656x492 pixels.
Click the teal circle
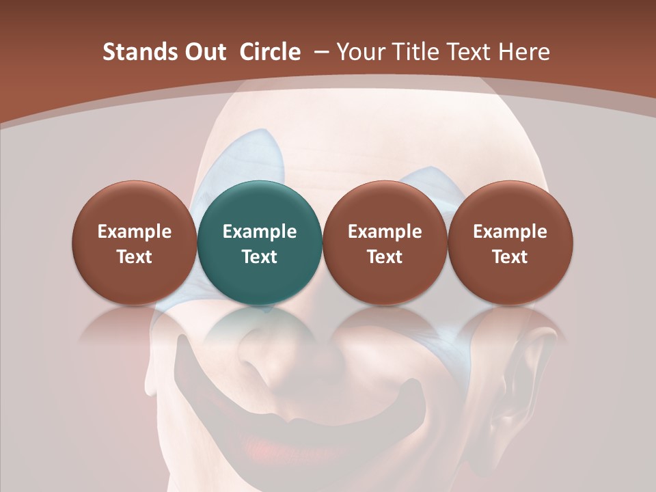coord(260,243)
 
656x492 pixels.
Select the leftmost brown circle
coord(135,243)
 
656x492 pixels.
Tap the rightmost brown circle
coord(510,243)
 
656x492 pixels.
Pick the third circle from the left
coord(385,243)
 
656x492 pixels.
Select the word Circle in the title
coord(270,52)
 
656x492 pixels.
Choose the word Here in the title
coord(524,52)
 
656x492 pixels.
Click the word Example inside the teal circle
coord(260,232)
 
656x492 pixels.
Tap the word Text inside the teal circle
coord(260,257)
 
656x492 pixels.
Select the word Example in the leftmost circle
coord(135,232)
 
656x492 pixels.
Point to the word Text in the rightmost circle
coord(510,257)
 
